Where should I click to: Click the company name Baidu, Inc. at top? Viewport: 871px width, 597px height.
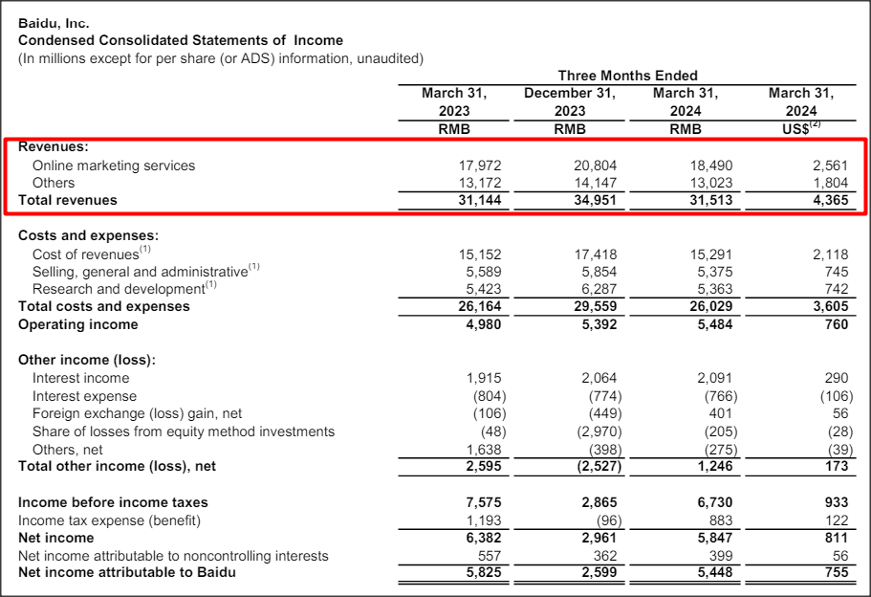pyautogui.click(x=54, y=23)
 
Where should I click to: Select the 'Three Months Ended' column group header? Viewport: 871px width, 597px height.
pyautogui.click(x=627, y=76)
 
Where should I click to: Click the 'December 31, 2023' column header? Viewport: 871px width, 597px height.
pyautogui.click(x=570, y=102)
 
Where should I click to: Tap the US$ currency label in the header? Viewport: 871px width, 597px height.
pyautogui.click(x=799, y=129)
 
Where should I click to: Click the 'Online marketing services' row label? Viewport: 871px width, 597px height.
pyautogui.click(x=113, y=166)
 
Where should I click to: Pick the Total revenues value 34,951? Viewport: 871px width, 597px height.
pyautogui.click(x=597, y=200)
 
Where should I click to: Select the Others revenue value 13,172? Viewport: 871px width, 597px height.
pyautogui.click(x=480, y=183)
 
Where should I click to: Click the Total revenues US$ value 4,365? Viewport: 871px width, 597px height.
pyautogui.click(x=828, y=200)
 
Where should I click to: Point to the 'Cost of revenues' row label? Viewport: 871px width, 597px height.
pyautogui.click(x=86, y=254)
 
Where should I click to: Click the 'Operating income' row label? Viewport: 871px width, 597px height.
pyautogui.click(x=78, y=324)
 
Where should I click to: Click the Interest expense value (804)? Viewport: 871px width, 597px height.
pyautogui.click(x=483, y=396)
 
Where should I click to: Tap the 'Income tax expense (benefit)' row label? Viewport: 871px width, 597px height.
pyautogui.click(x=113, y=520)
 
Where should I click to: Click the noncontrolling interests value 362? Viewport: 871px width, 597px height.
pyautogui.click(x=605, y=555)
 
